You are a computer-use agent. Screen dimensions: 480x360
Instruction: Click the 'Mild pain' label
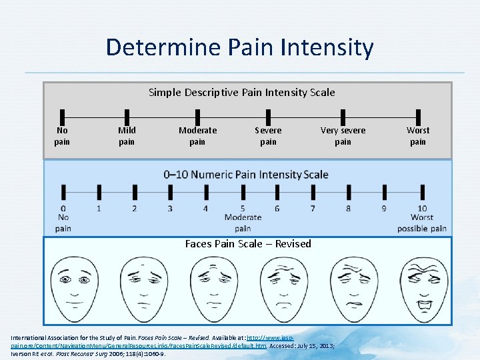pyautogui.click(x=127, y=136)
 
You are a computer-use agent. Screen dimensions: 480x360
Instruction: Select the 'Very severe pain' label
pyautogui.click(x=343, y=136)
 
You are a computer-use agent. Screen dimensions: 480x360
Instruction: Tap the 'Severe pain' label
pyautogui.click(x=268, y=136)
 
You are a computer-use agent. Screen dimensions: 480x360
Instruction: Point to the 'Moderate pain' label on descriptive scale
pyautogui.click(x=197, y=136)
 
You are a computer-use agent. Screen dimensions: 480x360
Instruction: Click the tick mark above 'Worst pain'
pyautogui.click(x=418, y=116)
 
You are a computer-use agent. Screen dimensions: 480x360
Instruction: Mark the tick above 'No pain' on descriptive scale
pyautogui.click(x=62, y=116)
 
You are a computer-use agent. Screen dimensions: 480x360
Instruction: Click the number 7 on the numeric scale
pyautogui.click(x=313, y=209)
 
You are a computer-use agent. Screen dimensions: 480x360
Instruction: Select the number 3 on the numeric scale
pyautogui.click(x=170, y=209)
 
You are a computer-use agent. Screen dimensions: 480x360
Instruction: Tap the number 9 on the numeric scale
pyautogui.click(x=384, y=209)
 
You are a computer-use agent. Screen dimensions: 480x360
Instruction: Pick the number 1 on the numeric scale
pyautogui.click(x=99, y=209)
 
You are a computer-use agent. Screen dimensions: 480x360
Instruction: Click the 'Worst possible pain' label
pyautogui.click(x=421, y=223)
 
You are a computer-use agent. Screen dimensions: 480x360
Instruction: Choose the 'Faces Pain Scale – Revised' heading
pyautogui.click(x=248, y=244)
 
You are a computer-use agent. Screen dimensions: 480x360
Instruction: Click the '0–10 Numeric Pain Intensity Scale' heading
pyautogui.click(x=246, y=175)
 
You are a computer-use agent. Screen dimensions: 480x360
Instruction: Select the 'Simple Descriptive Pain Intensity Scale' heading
pyautogui.click(x=241, y=92)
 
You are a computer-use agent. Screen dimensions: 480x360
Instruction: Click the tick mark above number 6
pyautogui.click(x=277, y=193)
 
